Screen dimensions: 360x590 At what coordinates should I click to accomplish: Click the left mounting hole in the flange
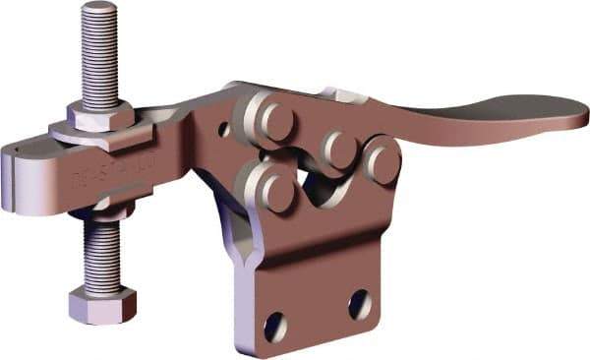point(276,325)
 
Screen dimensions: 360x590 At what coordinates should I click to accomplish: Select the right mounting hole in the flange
point(360,305)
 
